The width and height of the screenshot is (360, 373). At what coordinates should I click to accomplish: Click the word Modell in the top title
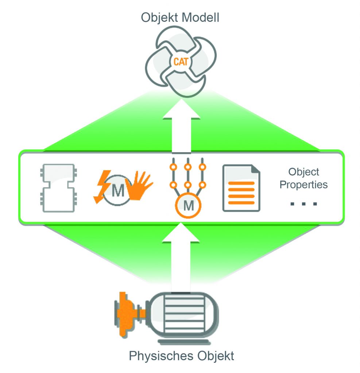click(201, 17)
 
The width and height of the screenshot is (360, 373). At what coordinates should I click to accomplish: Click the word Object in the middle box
click(303, 172)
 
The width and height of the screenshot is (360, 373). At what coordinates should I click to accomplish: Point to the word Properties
click(303, 184)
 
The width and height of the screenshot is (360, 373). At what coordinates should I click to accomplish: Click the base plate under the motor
click(184, 342)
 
